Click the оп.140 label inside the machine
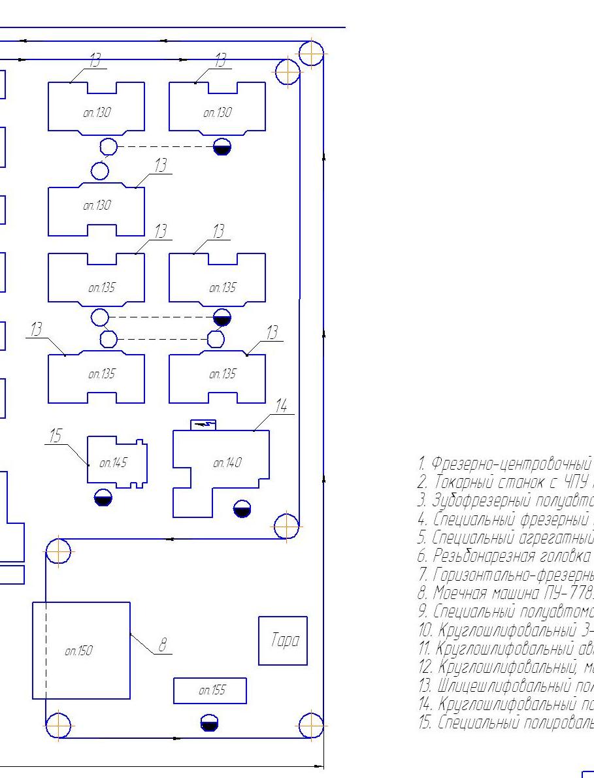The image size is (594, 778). (227, 463)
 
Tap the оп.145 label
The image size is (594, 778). (112, 462)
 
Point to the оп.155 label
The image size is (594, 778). (211, 671)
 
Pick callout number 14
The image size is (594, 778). (281, 406)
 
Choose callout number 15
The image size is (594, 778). (57, 436)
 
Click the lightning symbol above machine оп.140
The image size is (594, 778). (205, 424)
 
